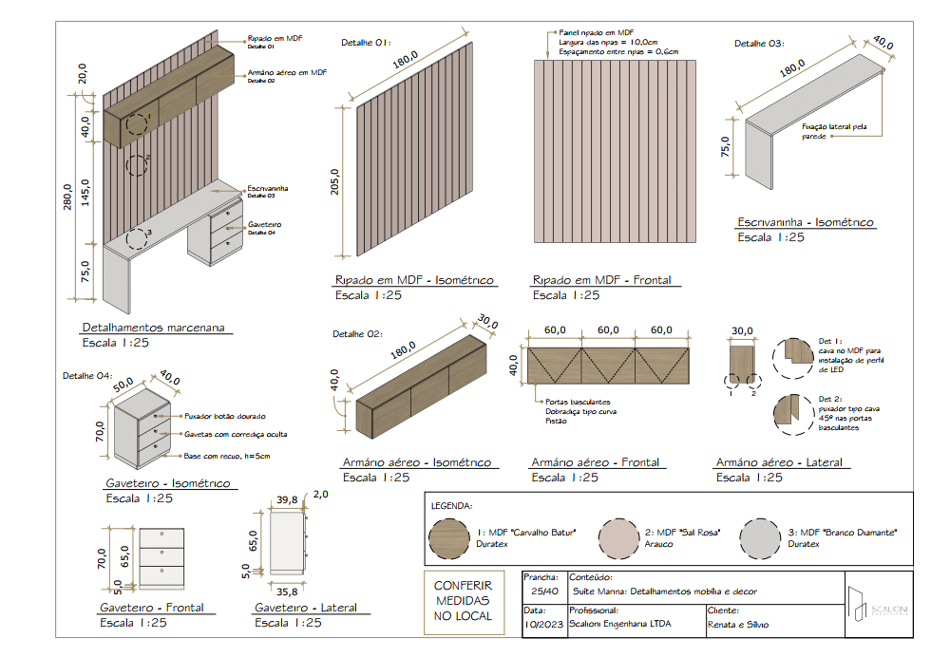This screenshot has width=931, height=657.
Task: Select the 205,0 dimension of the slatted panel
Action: (334, 186)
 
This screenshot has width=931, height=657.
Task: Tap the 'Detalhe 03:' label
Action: (761, 43)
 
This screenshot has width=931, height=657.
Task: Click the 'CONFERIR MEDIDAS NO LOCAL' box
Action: (464, 601)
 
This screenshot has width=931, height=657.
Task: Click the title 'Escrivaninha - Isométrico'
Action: (806, 222)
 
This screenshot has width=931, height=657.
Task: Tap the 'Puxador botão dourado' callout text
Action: (225, 416)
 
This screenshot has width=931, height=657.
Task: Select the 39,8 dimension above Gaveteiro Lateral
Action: (287, 499)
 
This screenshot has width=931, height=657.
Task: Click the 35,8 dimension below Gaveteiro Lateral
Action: (287, 591)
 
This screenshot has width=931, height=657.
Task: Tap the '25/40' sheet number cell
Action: (544, 591)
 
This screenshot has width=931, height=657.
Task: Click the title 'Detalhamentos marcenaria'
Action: (154, 328)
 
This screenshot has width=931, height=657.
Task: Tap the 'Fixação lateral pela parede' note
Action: (834, 130)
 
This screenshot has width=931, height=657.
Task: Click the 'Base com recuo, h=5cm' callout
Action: (226, 457)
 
